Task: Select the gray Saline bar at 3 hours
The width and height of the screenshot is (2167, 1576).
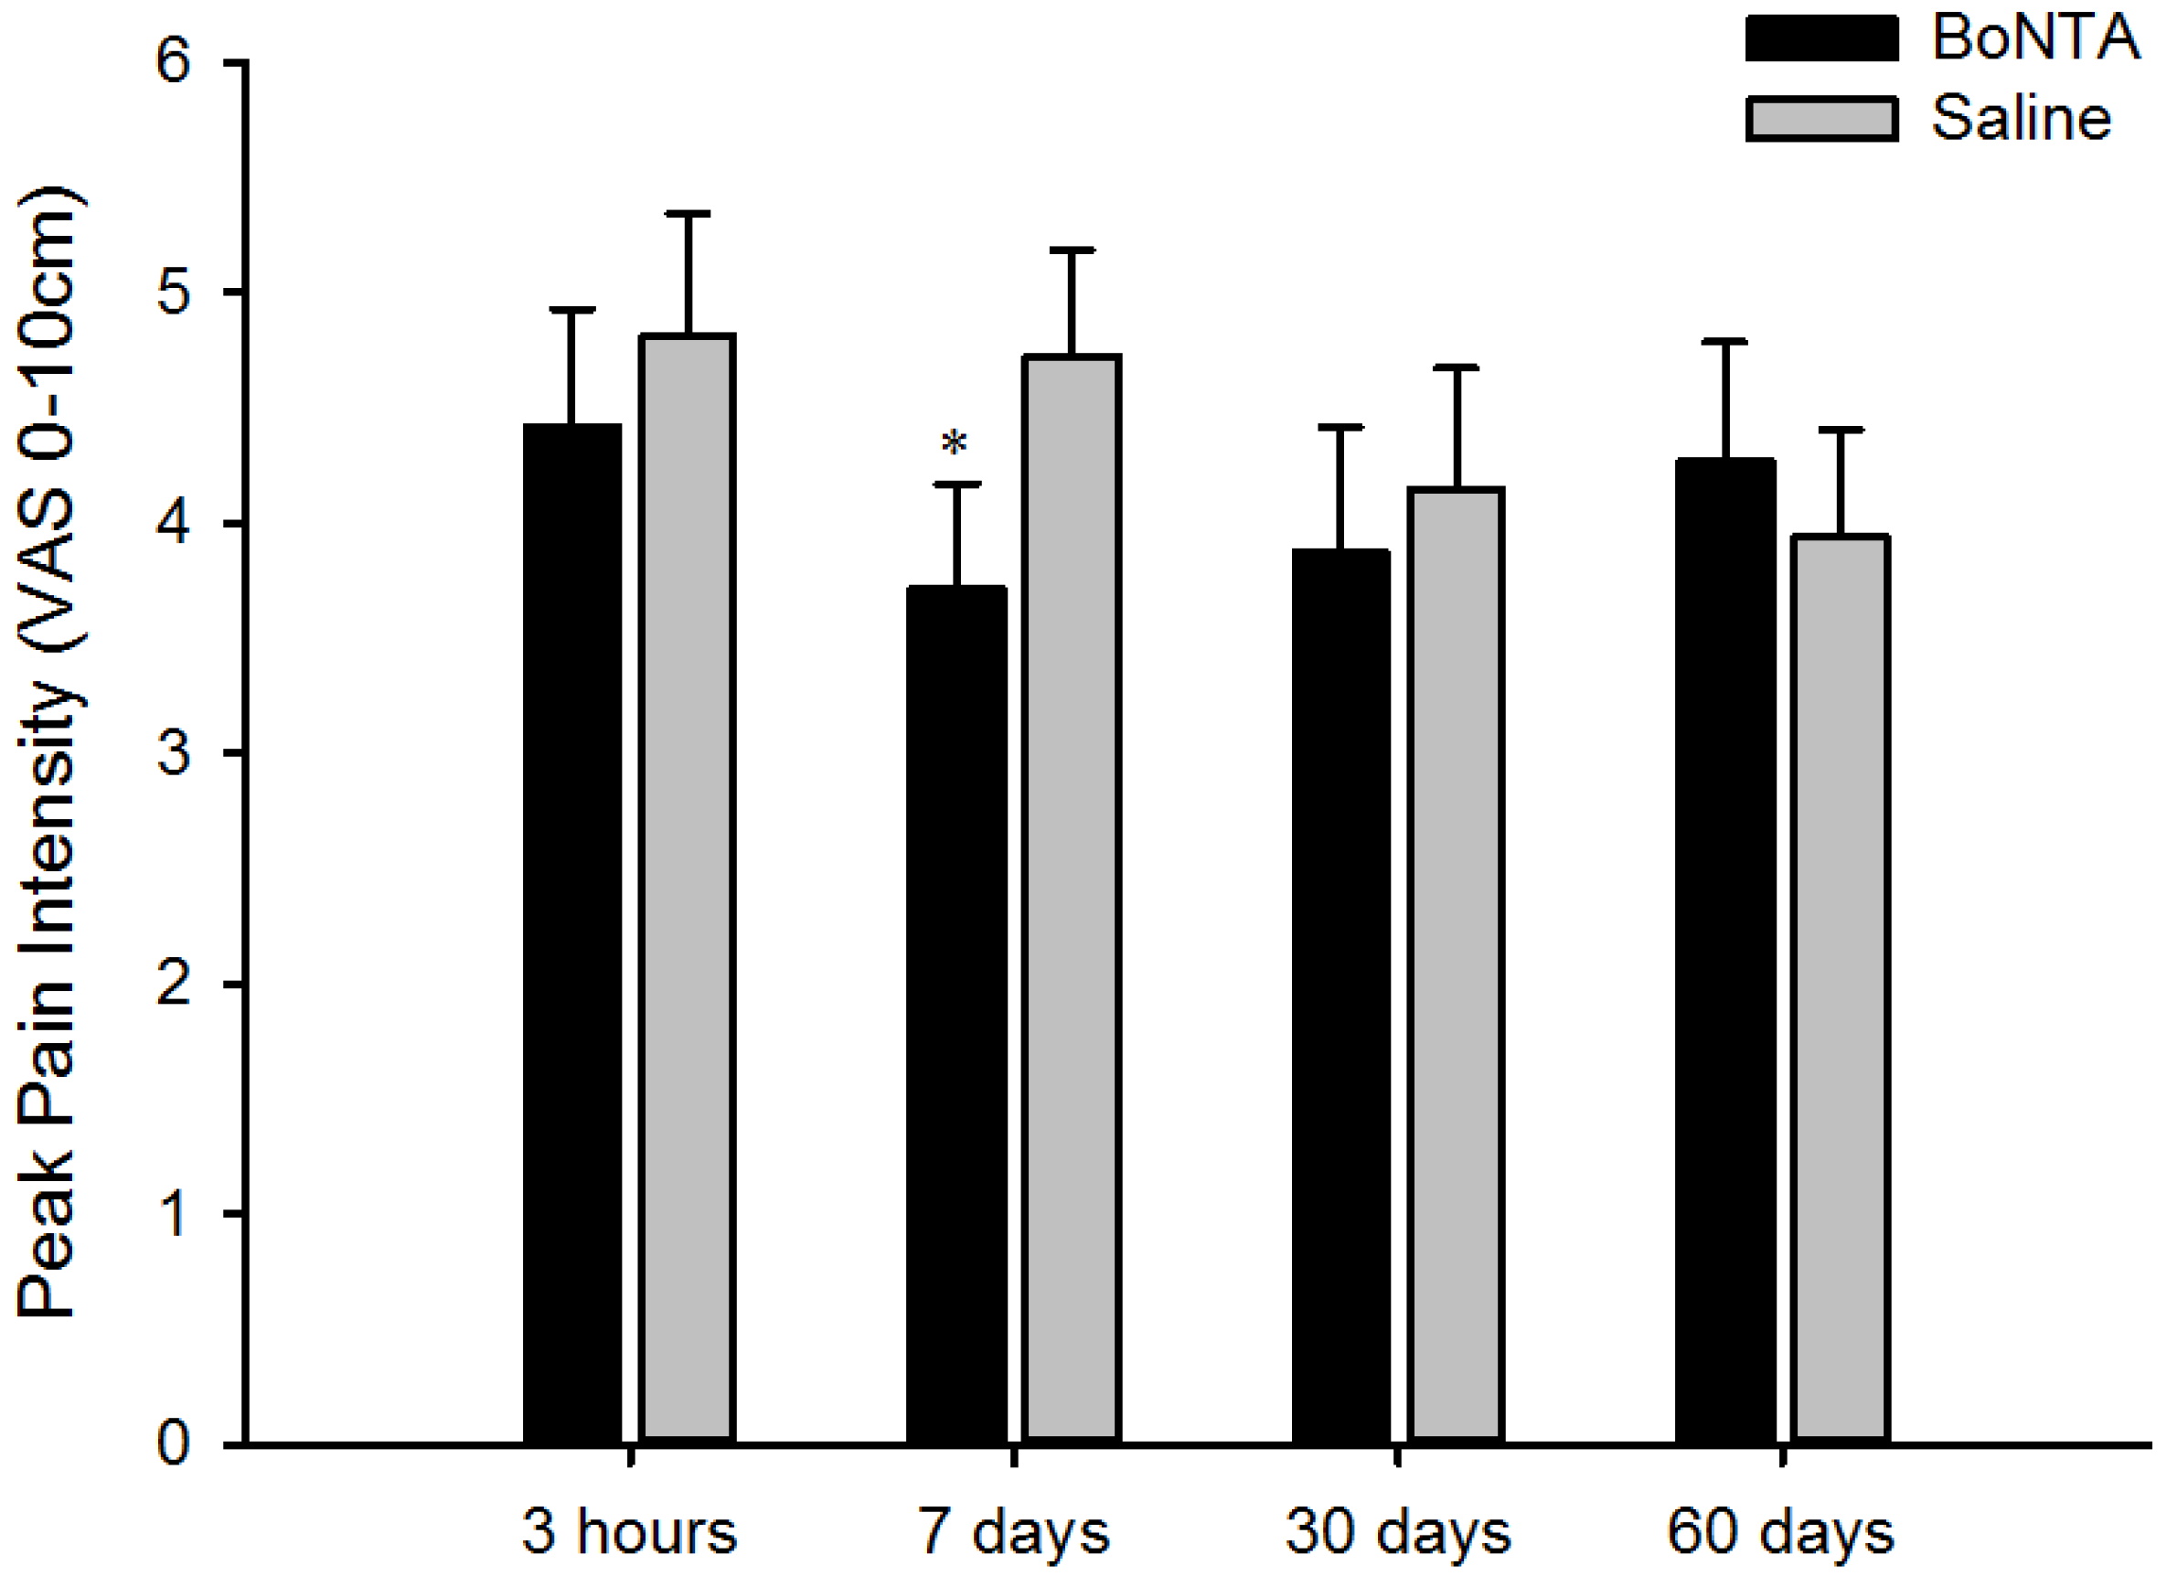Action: (687, 889)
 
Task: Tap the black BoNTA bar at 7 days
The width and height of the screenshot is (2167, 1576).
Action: (956, 1013)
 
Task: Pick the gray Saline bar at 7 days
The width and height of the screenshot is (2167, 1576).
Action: (1071, 898)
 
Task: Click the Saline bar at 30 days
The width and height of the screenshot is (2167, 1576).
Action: (1457, 964)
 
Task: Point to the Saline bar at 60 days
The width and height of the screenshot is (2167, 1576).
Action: (1841, 988)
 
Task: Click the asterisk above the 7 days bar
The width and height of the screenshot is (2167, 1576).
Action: (955, 443)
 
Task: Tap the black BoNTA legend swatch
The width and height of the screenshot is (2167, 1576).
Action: (1821, 39)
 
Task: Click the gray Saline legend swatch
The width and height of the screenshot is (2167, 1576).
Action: (1821, 120)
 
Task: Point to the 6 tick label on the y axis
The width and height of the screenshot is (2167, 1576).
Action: (174, 63)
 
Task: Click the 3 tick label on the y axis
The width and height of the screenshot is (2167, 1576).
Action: (174, 753)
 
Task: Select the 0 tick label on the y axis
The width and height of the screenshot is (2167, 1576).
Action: (174, 1444)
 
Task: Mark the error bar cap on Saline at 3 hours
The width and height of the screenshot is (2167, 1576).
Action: (687, 214)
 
